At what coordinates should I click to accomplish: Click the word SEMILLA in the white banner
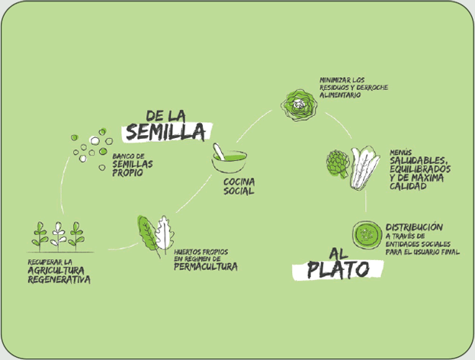click(x=166, y=132)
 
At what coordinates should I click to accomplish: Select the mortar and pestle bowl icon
click(x=229, y=159)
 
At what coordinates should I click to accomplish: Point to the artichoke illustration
click(x=337, y=164)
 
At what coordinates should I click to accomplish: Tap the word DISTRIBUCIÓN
click(x=413, y=227)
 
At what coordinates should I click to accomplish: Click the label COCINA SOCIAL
click(x=239, y=187)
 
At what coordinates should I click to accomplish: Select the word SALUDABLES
click(x=418, y=160)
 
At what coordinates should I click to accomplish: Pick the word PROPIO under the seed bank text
click(x=125, y=172)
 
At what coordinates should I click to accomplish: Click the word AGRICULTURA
click(x=58, y=270)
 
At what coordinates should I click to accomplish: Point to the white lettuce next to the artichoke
click(x=364, y=168)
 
